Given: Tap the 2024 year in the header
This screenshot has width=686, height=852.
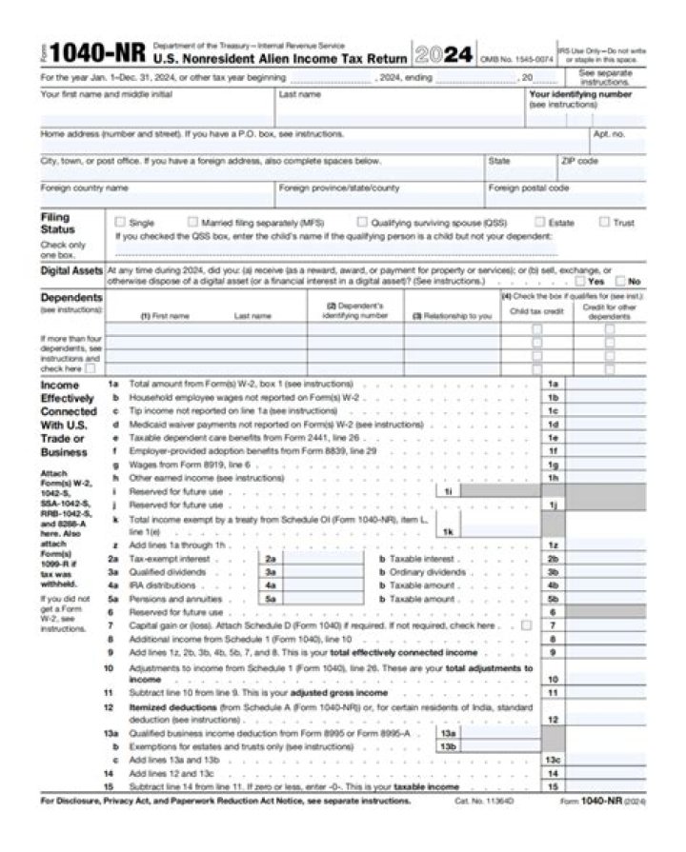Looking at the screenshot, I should pos(445,54).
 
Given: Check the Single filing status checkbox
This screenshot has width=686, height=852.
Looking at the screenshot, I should pos(120,222).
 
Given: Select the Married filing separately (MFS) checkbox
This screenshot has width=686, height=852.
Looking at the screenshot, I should pos(193,222).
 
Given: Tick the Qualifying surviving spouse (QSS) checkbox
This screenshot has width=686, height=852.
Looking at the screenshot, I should pos(362,222).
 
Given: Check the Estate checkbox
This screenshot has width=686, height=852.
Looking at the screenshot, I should pos(540,222).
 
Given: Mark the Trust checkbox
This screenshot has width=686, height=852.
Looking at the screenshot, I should pos(604,222).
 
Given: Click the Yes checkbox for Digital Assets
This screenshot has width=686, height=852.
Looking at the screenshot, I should pos(582,281).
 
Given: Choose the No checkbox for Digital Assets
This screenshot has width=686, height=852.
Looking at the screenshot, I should pos(621,281).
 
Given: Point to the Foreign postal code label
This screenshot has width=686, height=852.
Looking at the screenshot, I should pos(530,188).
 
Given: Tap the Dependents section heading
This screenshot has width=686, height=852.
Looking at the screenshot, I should pos(71,298).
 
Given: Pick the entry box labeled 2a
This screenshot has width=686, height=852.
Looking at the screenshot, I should pos(325,559).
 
